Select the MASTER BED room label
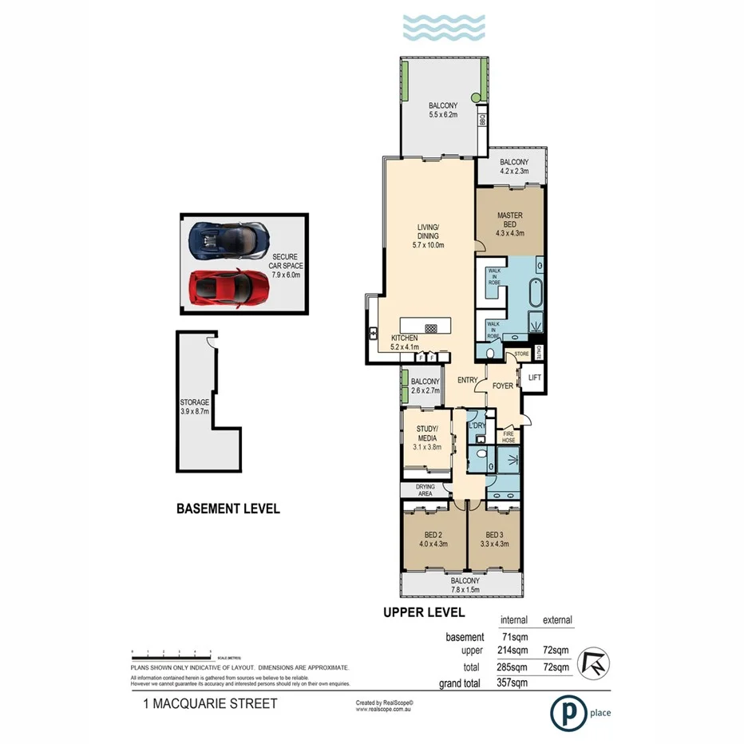click(509, 220)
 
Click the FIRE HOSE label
click(508, 436)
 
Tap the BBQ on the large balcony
click(482, 121)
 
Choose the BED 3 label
click(495, 540)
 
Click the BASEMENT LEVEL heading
click(228, 509)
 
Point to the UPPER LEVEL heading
click(424, 612)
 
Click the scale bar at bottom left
click(172, 653)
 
